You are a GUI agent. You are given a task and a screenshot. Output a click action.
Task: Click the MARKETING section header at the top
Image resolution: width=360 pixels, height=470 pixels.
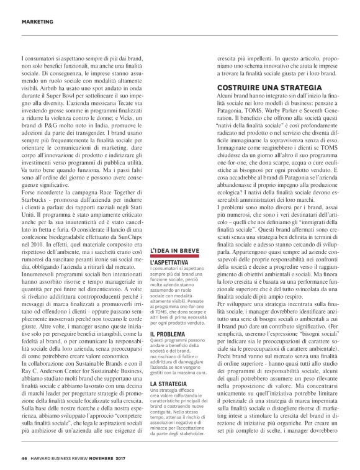pos(37,22)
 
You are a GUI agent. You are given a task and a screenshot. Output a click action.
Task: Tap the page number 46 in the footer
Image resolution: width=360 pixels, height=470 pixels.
pos(24,459)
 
